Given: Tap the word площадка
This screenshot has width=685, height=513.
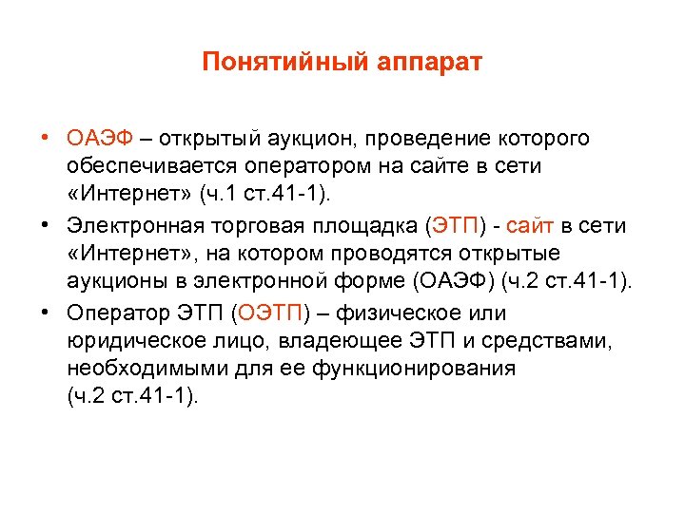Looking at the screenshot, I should click(369, 225).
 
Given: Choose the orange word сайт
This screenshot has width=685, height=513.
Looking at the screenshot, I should click(525, 225).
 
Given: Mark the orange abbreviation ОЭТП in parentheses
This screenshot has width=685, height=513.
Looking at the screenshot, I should click(270, 313).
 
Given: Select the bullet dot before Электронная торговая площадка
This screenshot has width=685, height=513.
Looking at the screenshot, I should click(46, 225).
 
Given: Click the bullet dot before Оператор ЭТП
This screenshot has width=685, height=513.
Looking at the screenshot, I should click(46, 313).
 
